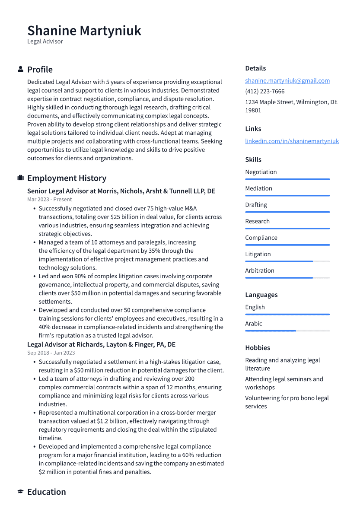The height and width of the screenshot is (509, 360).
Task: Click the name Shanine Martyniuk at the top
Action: [x=84, y=31]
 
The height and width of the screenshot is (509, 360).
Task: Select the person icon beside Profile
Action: [x=20, y=69]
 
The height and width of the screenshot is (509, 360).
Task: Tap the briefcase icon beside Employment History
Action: [x=20, y=178]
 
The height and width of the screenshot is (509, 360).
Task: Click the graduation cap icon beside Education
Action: [x=20, y=492]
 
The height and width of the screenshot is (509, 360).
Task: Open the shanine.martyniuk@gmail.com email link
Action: [x=287, y=80]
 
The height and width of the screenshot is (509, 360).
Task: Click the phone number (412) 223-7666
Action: [x=264, y=91]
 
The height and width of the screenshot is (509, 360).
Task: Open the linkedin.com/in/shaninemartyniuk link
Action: [x=292, y=141]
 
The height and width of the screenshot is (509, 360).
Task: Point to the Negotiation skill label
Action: [x=261, y=172]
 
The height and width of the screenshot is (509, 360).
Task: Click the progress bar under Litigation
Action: [x=287, y=261]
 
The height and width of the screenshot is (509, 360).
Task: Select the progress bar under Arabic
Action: [x=287, y=331]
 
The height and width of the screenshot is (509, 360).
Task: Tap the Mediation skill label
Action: [x=258, y=188]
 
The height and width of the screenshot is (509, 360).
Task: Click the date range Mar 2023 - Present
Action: [x=49, y=200]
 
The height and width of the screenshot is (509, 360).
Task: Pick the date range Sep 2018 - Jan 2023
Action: [x=51, y=353]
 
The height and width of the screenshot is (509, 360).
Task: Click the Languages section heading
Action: [x=261, y=295]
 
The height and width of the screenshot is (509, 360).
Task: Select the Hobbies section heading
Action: [x=257, y=348]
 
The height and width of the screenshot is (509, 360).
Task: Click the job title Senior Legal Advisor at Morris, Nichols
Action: [x=121, y=191]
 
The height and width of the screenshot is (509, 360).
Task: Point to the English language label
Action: [x=255, y=307]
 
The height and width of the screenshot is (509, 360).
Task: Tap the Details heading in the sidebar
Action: [x=255, y=68]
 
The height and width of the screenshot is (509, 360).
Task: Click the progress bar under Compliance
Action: [x=287, y=245]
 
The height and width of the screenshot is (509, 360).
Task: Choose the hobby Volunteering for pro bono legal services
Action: [x=287, y=402]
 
